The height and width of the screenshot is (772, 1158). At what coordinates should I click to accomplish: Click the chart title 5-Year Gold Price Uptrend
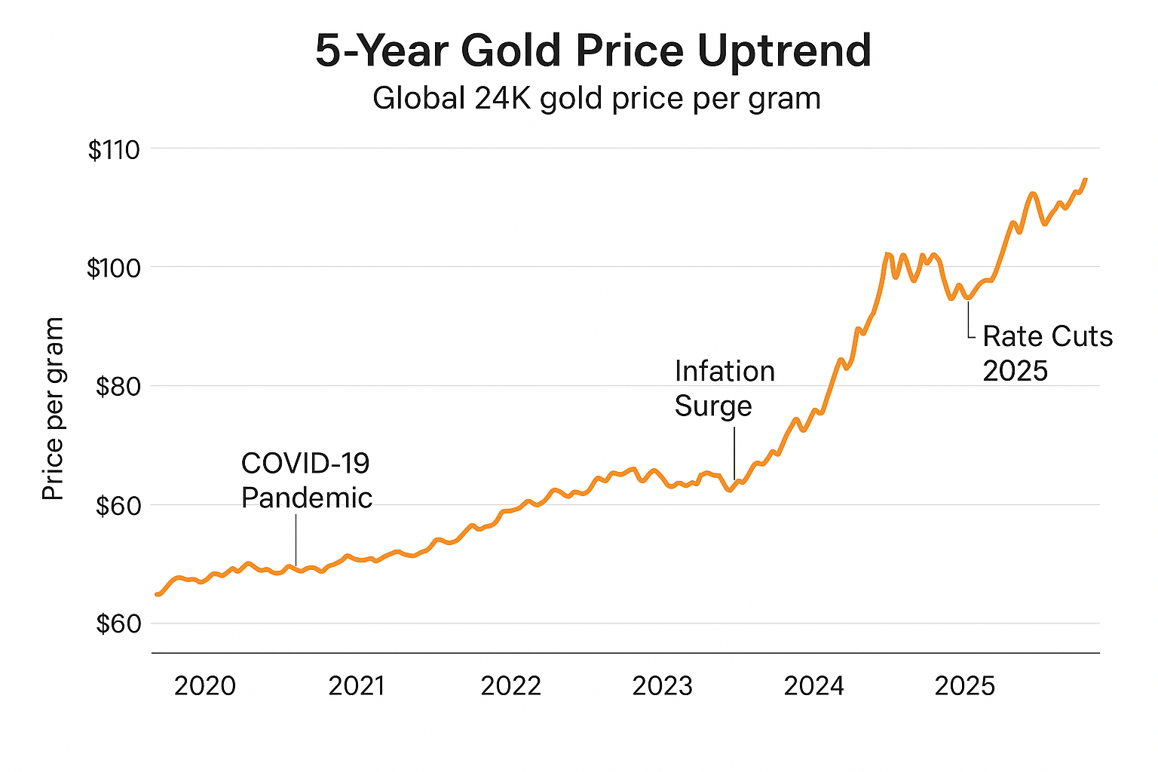593,51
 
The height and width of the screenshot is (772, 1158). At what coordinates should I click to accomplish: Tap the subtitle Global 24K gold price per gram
596,99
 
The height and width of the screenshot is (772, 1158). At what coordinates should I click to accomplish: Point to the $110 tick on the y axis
114,150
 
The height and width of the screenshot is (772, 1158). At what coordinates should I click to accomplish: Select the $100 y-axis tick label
114,268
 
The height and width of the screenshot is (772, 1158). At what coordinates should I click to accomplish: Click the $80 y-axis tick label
118,387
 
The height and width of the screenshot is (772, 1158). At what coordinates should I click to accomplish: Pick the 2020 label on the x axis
205,686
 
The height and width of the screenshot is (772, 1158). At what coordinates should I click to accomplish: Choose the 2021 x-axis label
357,686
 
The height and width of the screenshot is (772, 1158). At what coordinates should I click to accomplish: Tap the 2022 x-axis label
510,686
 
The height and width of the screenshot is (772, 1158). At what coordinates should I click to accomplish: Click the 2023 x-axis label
662,686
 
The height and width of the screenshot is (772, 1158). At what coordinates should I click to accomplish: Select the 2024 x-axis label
814,686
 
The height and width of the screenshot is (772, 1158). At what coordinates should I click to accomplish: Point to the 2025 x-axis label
965,686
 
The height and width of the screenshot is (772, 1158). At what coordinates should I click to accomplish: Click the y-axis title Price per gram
53,409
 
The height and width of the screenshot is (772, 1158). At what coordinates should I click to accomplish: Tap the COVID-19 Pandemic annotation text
306,480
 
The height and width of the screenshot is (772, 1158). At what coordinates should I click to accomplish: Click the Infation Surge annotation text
724,388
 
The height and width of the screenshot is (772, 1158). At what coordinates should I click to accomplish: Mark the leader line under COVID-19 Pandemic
296,539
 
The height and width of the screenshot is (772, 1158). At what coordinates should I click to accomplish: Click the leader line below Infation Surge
734,452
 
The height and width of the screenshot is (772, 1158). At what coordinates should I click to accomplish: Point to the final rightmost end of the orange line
1086,179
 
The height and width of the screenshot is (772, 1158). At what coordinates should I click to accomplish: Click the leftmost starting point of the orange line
156,595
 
